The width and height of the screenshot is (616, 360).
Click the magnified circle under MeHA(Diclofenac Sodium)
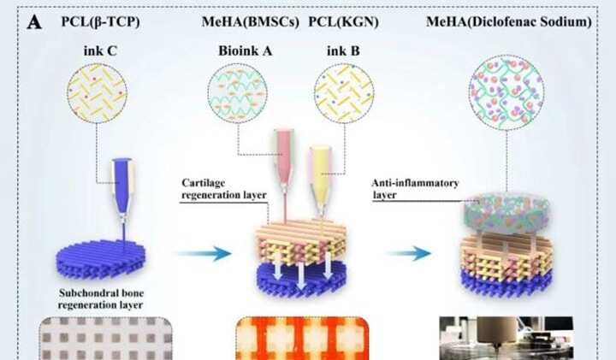click(507, 99)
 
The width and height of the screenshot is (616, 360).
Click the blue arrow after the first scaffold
click(209, 254)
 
